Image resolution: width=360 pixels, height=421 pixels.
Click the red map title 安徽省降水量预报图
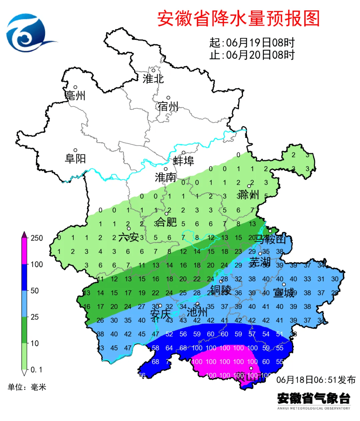[238, 18]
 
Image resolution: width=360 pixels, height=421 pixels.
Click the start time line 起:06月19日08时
[252, 43]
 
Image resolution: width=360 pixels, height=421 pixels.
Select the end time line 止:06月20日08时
[252, 55]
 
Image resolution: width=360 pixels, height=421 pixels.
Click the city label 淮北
[153, 79]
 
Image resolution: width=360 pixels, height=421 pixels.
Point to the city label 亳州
[75, 96]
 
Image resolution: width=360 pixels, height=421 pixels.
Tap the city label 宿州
[168, 106]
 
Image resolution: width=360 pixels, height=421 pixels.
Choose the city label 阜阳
[75, 159]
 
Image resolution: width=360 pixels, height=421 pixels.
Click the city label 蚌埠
[183, 161]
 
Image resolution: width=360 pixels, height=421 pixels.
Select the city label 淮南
[165, 177]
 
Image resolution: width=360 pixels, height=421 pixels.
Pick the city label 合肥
[166, 222]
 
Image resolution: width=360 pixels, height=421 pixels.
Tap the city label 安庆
[160, 314]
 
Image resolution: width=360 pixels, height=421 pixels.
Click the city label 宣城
[284, 293]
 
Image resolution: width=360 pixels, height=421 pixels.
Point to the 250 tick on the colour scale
[37, 238]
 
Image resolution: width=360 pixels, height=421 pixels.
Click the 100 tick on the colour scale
[37, 264]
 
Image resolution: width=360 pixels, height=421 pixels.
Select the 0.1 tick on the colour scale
[36, 370]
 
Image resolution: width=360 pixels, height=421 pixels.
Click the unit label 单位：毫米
[27, 387]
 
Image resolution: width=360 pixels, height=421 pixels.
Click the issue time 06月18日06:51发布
[316, 380]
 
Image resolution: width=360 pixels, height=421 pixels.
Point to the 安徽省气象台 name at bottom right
[314, 398]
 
